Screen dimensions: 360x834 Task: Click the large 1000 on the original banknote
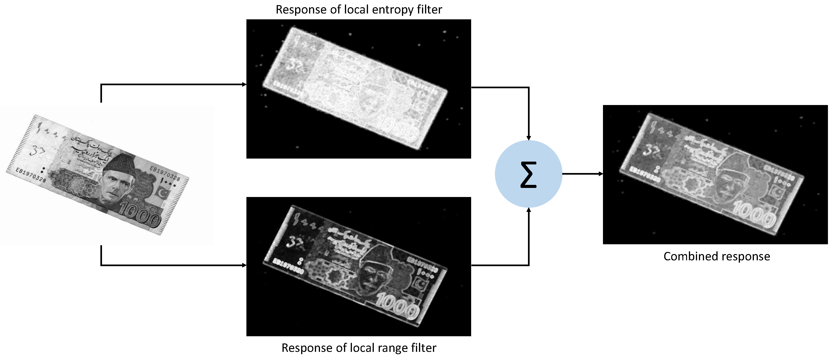coord(140,214)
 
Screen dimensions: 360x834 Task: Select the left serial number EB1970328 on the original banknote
coord(31,175)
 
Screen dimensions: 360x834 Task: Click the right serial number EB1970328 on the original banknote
coord(164,173)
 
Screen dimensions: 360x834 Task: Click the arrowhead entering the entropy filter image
coord(245,85)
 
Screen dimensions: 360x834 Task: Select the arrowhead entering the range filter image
coord(245,265)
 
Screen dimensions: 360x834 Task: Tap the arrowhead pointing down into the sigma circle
coord(528,138)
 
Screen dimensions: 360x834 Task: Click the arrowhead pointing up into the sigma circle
coord(528,210)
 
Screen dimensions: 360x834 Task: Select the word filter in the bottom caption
coord(423,348)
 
